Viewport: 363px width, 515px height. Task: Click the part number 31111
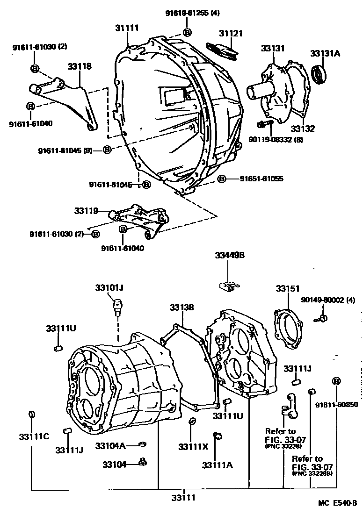(127, 28)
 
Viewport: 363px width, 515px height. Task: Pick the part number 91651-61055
(261, 179)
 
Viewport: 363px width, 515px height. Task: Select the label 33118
(80, 67)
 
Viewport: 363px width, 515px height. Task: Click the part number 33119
(86, 211)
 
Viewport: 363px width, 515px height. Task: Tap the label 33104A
(110, 446)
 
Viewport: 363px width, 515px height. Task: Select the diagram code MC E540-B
(338, 503)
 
